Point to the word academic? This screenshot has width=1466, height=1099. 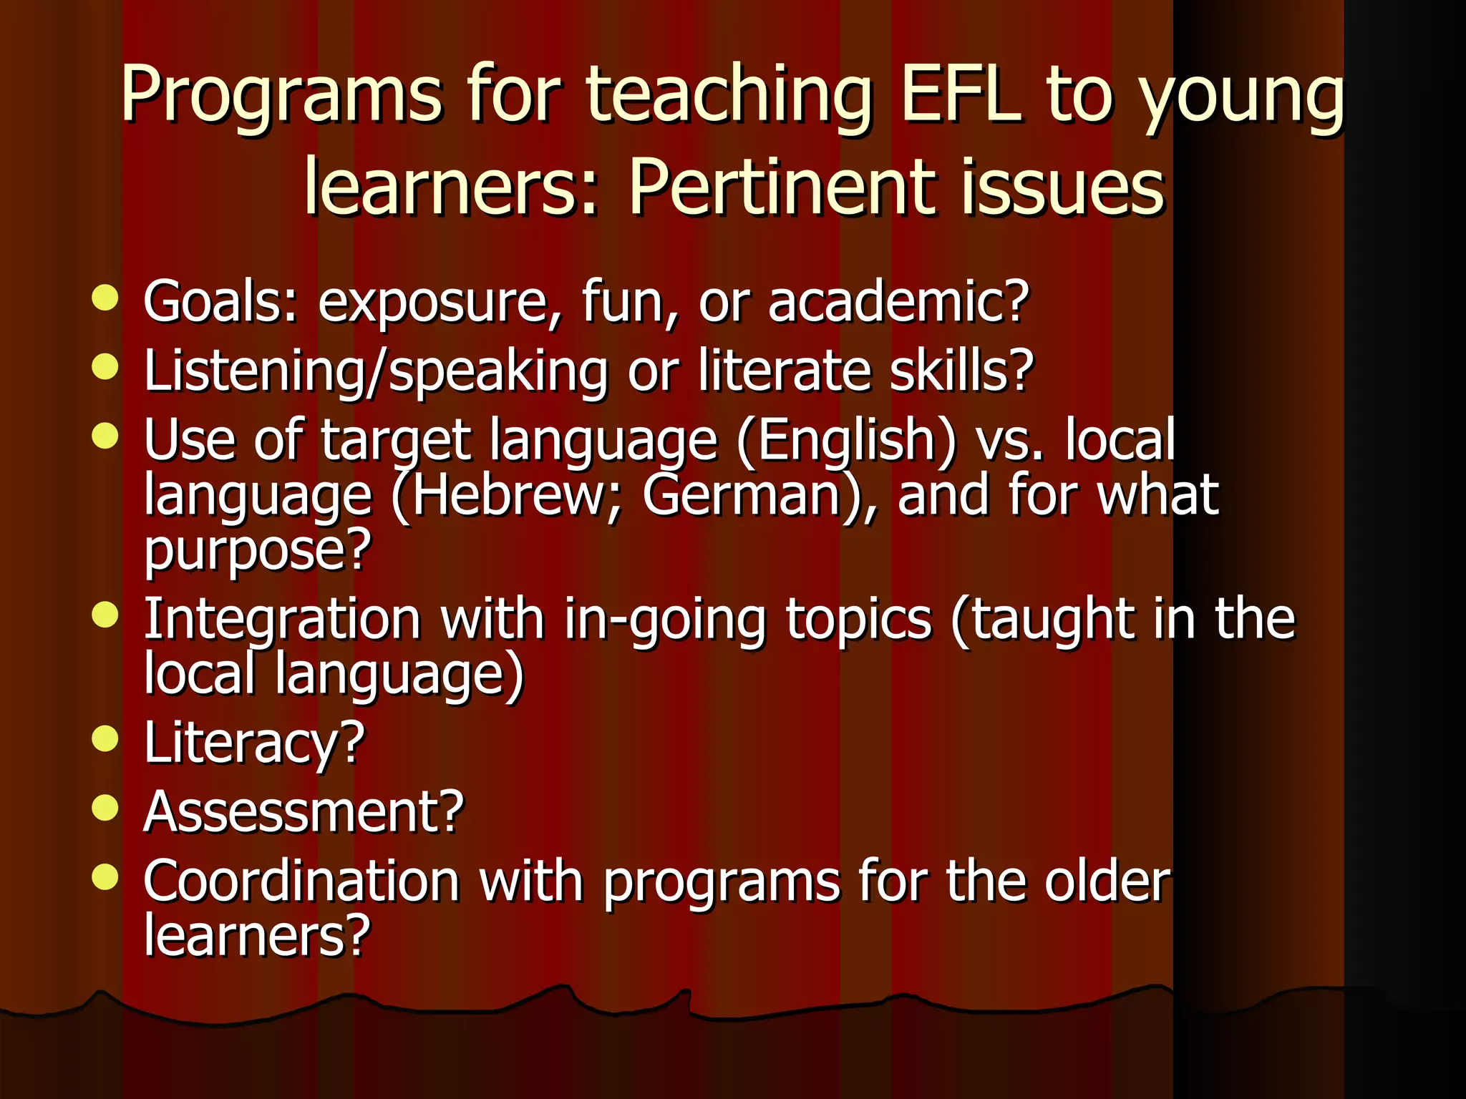(x=898, y=301)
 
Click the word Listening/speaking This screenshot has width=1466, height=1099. (x=376, y=371)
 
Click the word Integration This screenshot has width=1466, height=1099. (x=282, y=619)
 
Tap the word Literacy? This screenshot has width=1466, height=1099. (x=254, y=743)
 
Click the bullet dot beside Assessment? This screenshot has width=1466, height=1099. (x=105, y=809)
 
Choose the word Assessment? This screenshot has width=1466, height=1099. (x=304, y=812)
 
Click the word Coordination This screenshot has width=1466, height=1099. (x=301, y=881)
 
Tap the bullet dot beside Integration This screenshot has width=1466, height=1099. (x=105, y=615)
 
